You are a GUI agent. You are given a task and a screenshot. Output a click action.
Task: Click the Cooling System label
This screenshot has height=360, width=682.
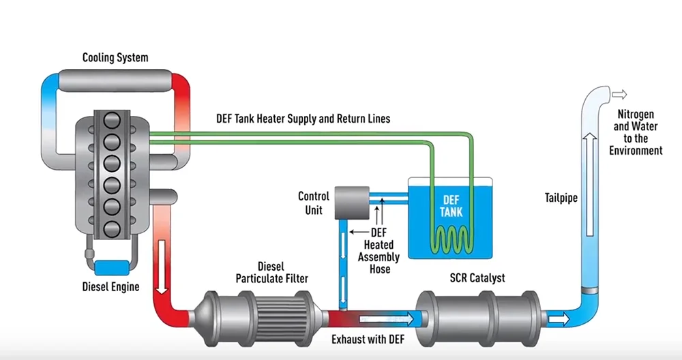115,57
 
